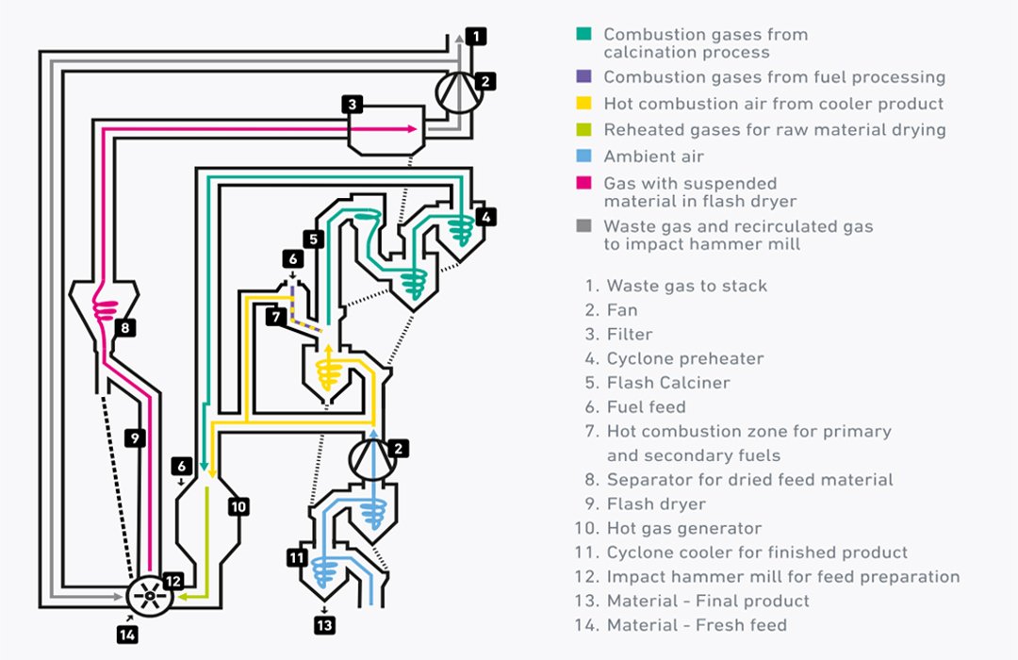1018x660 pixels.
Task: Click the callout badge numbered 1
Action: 477,37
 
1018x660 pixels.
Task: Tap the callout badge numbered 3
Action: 351,105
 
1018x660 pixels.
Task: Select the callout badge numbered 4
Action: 485,216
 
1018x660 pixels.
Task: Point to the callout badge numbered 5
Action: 314,238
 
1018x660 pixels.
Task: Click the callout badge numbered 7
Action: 275,317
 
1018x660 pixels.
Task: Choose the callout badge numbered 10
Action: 238,506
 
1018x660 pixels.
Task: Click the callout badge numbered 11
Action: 297,557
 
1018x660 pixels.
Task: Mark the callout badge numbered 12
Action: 172,582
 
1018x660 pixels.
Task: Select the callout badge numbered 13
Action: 323,623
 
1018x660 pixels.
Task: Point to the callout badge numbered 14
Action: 127,634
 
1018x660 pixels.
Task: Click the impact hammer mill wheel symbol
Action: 149,596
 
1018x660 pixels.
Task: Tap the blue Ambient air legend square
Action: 584,157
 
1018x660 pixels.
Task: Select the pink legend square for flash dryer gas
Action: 584,183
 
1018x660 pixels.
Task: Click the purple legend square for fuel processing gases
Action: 584,77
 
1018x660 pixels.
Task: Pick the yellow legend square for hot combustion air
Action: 584,104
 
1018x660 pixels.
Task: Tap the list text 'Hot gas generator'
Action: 683,528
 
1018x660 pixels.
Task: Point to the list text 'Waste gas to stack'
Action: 686,286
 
